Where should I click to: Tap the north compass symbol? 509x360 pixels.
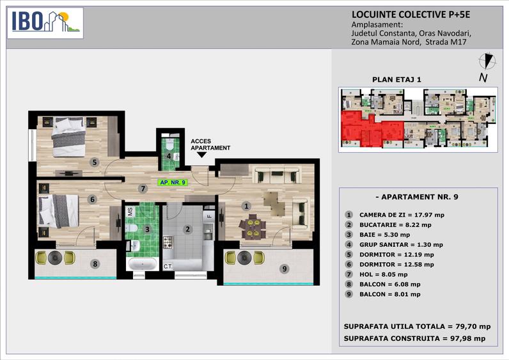[487, 63]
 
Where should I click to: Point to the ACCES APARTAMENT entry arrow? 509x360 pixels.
[202, 154]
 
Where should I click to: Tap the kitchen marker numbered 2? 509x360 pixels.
[187, 229]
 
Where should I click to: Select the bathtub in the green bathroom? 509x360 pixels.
[141, 265]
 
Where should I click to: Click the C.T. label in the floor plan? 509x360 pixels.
[168, 266]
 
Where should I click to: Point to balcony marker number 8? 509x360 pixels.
[95, 263]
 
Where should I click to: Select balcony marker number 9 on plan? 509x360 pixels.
[283, 269]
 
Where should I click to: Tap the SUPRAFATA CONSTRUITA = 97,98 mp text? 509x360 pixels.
[414, 338]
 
